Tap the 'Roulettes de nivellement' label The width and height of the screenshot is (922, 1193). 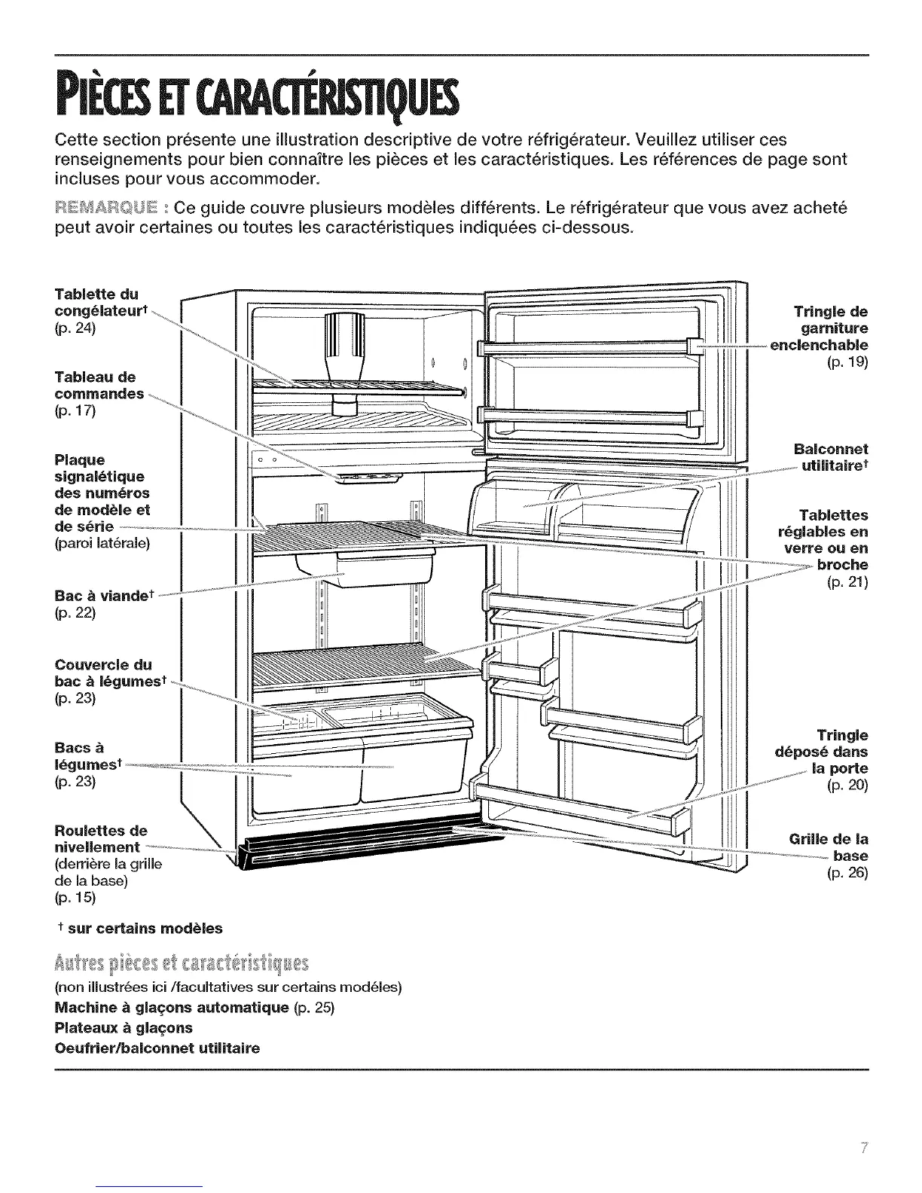tap(100, 840)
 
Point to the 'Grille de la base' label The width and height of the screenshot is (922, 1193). tap(829, 847)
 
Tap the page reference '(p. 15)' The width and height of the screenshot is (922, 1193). tap(75, 898)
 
